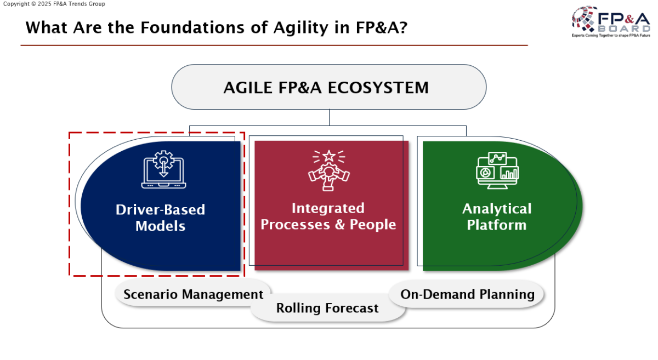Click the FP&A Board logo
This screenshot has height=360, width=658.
point(611,22)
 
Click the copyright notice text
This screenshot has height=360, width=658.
point(54,4)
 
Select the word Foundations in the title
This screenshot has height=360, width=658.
point(192,27)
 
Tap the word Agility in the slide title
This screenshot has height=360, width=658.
point(301,28)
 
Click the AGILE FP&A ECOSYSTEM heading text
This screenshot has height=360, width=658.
point(326,88)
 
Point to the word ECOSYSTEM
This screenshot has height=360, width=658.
point(378,88)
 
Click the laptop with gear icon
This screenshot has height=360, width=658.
point(163,169)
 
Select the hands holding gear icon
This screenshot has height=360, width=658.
point(328,170)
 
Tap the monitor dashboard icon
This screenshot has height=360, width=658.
point(497,170)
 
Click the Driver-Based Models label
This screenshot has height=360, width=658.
point(160,218)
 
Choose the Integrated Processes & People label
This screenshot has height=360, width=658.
point(328,216)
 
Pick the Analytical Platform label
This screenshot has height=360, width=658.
point(497,216)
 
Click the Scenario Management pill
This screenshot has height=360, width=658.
point(193,294)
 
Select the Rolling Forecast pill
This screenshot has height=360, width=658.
point(327,308)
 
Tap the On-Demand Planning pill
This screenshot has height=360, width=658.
point(467,294)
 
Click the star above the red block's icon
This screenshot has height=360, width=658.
point(328,156)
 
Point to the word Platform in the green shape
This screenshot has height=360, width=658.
point(497,225)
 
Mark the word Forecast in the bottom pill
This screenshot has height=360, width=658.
point(351,308)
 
